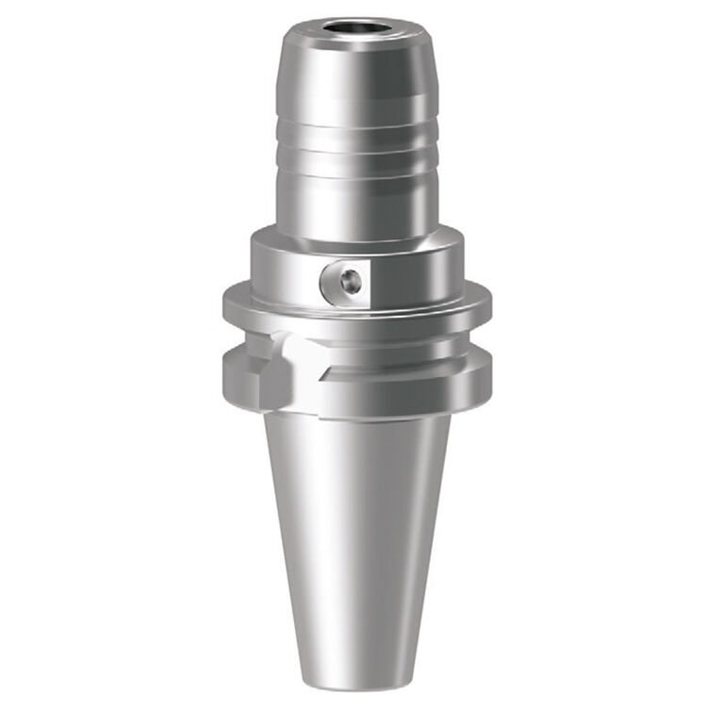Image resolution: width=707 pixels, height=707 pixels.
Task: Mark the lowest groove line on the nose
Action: click(x=356, y=175)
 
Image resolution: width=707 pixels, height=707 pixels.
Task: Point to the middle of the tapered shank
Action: click(x=356, y=537)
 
